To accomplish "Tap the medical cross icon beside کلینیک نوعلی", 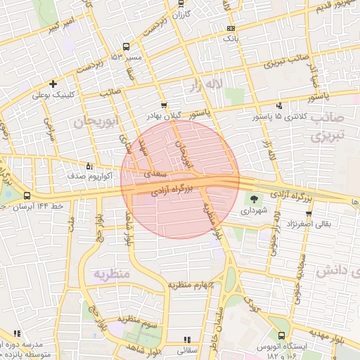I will [x=53, y=84].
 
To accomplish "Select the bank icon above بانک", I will [x=231, y=29].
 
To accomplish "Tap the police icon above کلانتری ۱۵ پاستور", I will [x=281, y=105].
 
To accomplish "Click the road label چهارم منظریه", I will [x=190, y=285].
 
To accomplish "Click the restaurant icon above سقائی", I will [x=186, y=339].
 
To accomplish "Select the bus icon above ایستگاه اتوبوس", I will [x=282, y=336].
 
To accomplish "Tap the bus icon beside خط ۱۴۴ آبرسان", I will [x=27, y=195].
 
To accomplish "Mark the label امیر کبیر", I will [x=64, y=29].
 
